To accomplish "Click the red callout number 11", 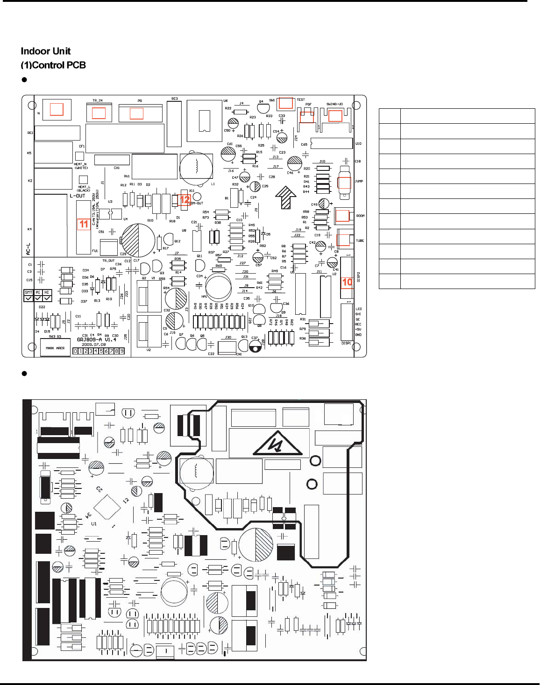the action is coord(84,224).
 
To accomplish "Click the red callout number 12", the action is coord(185,199).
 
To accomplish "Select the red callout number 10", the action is coord(347,282).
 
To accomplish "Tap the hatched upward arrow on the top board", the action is coord(286,197).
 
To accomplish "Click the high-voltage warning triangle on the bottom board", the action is coord(277,443).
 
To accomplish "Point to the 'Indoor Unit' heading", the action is coord(46,51).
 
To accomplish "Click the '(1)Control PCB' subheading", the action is coord(53,65).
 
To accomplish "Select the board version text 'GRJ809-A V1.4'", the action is coord(96,339).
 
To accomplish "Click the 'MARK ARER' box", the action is coord(55,348).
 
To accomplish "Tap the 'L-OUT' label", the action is coord(78,196).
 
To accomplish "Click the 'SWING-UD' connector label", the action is coord(334,104).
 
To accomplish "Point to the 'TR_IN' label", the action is coord(97,100).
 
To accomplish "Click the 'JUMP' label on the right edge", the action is coord(359,181).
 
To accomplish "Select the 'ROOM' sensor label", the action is coord(361,216).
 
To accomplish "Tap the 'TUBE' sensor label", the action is coord(360,241).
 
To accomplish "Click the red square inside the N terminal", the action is coord(57,109).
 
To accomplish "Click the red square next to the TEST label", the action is coord(286,103).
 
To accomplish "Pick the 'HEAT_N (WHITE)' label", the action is coord(81,166).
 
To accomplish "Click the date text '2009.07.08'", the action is coord(94,345).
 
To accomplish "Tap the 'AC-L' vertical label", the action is coord(28,249).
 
